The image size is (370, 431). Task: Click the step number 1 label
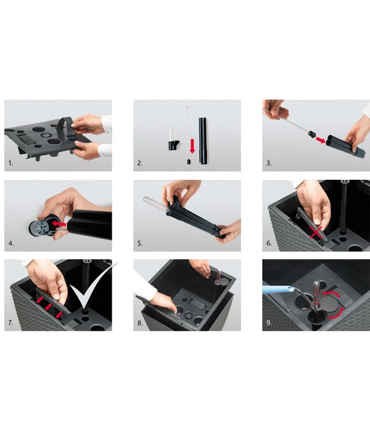(10, 163)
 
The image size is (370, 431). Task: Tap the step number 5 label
(140, 243)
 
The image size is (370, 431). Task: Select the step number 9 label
(269, 323)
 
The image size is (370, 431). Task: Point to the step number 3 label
(269, 163)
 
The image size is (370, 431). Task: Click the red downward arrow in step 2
(192, 146)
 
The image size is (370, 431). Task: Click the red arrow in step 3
(321, 140)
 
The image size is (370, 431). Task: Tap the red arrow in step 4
(59, 224)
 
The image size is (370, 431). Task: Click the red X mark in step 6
(316, 233)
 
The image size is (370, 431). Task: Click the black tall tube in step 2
(203, 141)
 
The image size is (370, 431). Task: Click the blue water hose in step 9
(276, 289)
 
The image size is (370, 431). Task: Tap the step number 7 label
(10, 323)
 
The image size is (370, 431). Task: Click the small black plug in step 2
(189, 161)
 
